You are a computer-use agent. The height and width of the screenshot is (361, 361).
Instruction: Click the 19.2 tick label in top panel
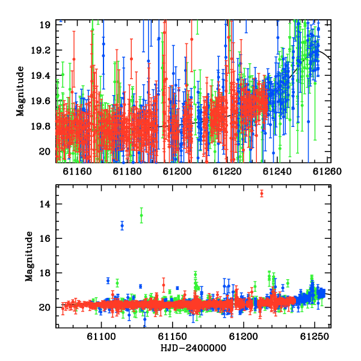click(41, 50)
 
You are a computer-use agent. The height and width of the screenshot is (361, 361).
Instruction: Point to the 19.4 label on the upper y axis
click(41, 75)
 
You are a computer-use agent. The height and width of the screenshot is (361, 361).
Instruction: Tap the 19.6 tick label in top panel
click(41, 101)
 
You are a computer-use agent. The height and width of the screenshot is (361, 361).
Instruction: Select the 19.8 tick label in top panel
click(41, 126)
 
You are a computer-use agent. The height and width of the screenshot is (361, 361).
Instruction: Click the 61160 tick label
click(77, 171)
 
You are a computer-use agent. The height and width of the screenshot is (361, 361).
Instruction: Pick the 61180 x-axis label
click(127, 171)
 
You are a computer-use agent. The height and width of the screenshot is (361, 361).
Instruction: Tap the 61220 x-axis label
click(227, 171)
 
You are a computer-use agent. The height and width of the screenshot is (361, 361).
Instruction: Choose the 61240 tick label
click(277, 171)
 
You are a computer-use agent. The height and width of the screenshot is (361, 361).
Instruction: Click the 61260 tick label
click(327, 171)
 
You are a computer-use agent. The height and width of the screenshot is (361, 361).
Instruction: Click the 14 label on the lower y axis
click(45, 204)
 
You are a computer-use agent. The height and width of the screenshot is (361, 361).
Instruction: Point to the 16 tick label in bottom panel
click(45, 238)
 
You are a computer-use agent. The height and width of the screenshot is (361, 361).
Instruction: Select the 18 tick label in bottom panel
click(45, 273)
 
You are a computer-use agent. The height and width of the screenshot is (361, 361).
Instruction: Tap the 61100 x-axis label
click(101, 336)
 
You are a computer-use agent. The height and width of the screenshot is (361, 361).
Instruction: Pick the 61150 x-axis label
click(172, 336)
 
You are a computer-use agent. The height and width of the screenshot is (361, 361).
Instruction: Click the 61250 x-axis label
click(315, 336)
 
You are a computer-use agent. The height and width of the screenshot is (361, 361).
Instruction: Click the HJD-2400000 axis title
click(193, 348)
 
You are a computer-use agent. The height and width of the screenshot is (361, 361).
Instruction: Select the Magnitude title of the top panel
click(20, 91)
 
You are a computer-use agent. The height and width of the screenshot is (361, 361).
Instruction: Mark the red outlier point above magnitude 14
click(262, 194)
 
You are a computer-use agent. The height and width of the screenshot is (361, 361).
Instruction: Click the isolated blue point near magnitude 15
click(122, 226)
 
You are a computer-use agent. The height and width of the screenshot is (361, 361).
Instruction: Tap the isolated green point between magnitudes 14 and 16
click(141, 215)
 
